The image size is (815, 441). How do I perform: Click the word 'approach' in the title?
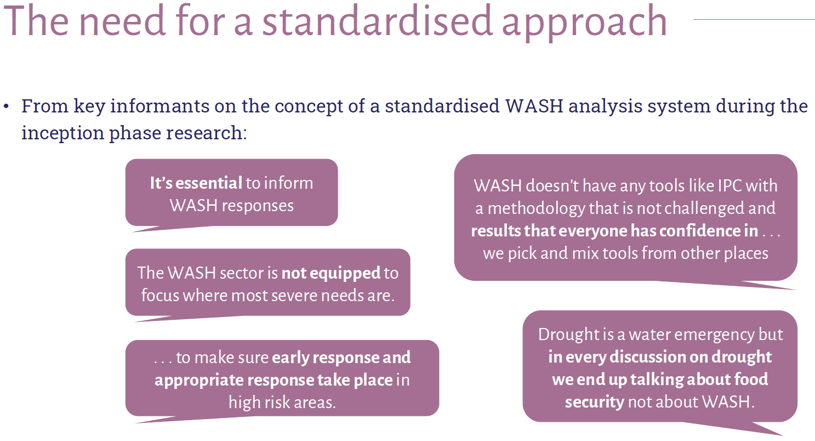pyautogui.click(x=584, y=23)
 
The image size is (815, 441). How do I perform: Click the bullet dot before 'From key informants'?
pyautogui.click(x=6, y=107)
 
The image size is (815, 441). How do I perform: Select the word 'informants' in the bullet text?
pyautogui.click(x=159, y=106)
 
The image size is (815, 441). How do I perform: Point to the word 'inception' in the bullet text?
pyautogui.click(x=62, y=133)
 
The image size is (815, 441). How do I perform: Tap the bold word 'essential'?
pyautogui.click(x=209, y=183)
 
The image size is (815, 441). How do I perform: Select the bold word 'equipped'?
pyautogui.click(x=331, y=274)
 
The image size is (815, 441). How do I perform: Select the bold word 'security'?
pyautogui.click(x=595, y=403)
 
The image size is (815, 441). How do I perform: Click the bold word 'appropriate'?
pyautogui.click(x=198, y=381)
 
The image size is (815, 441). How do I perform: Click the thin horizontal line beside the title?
pyautogui.click(x=754, y=19)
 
